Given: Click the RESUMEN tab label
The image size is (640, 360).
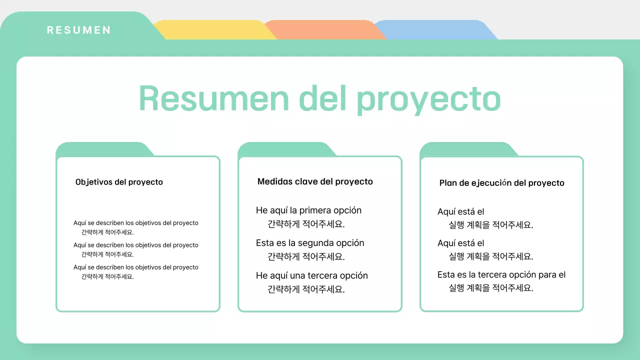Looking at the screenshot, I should [78, 30].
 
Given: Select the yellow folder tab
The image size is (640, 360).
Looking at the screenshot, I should [212, 29].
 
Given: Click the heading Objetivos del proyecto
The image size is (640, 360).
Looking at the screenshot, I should [119, 182].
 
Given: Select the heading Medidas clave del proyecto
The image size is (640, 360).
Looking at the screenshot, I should [315, 181].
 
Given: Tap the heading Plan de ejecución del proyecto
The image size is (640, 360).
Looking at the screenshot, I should [501, 183].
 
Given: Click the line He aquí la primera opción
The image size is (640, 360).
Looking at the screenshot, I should [308, 210].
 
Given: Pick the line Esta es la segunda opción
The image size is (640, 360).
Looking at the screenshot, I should [310, 243].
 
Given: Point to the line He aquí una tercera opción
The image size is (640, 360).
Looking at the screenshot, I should [311, 275].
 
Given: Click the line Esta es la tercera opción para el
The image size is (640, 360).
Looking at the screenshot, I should [501, 274].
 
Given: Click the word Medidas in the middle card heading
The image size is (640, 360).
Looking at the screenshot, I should [274, 181].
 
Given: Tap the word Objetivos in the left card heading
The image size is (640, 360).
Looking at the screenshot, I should [93, 182].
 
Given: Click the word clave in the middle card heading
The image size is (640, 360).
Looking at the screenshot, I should [306, 181].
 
